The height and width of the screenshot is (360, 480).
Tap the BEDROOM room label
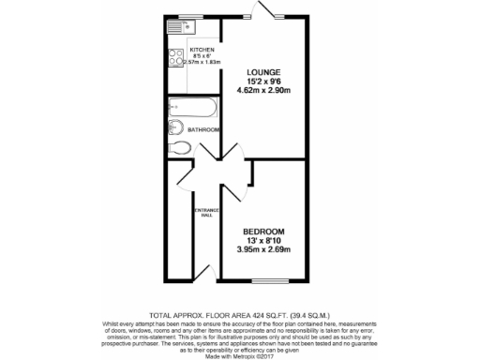[263, 231]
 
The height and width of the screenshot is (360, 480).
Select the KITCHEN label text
[202, 50]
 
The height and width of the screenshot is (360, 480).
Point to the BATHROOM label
[204, 129]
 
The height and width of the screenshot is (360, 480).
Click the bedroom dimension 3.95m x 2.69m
[263, 249]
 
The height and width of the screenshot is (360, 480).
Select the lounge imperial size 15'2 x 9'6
[263, 81]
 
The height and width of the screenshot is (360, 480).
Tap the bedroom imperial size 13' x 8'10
[263, 240]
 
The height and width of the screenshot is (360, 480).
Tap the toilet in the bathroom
[181, 146]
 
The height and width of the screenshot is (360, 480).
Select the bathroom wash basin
[175, 127]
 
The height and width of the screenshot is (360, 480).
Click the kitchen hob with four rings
[176, 59]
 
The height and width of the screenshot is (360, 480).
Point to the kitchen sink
[174, 42]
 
